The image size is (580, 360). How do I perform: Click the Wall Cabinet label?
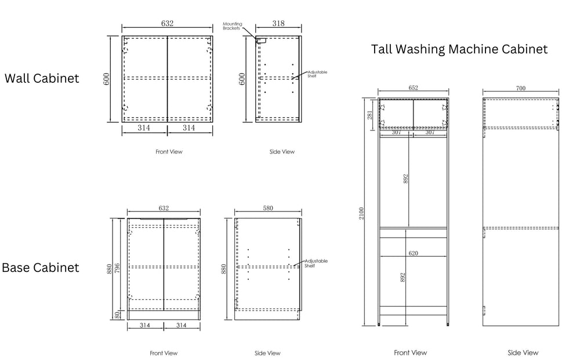click(42, 78)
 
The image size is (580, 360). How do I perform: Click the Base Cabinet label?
click(41, 268)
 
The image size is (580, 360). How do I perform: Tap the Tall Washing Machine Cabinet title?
click(459, 49)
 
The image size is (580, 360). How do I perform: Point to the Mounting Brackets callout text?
click(233, 26)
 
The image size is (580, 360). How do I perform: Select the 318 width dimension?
click(278, 23)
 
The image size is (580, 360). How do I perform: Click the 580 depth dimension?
click(268, 208)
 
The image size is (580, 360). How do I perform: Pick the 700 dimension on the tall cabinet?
click(521, 88)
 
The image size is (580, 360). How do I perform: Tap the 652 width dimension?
click(413, 88)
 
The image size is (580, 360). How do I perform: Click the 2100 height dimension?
click(361, 213)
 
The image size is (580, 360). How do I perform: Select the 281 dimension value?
click(370, 115)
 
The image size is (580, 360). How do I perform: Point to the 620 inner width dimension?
click(413, 253)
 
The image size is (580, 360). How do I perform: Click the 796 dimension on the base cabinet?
click(117, 268)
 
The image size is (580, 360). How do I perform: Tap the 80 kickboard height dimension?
click(117, 315)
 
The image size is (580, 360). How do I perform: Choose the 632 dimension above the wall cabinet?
click(167, 23)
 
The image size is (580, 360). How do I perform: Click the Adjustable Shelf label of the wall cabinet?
click(317, 74)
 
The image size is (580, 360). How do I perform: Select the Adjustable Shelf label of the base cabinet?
click(316, 263)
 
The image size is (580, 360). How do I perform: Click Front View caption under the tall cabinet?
click(410, 352)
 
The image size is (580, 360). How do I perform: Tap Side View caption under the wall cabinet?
click(282, 151)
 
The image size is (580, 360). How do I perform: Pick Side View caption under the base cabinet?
click(267, 353)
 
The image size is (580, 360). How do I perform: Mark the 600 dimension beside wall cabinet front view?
click(107, 79)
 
